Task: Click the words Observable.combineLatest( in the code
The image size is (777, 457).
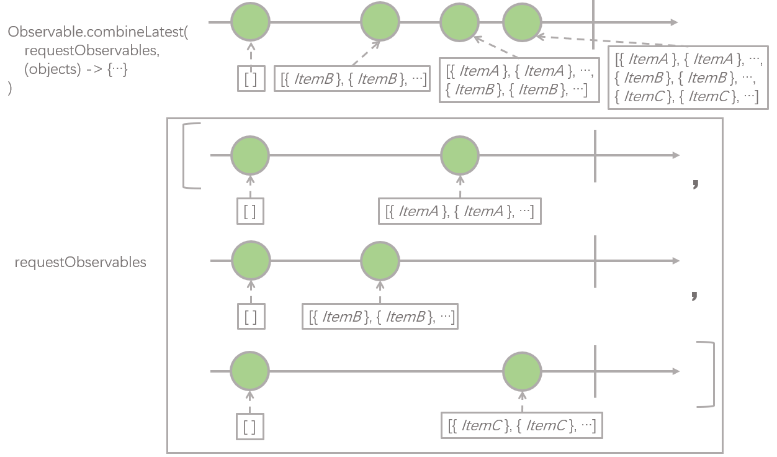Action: coord(98,32)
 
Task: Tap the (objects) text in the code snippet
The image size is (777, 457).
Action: coord(52,70)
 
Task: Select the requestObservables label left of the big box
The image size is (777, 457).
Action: coord(81,262)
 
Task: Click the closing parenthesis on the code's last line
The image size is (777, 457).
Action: coord(10,88)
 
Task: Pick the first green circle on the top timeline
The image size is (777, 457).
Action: coord(251,22)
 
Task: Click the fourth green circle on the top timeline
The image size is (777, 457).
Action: coord(522,22)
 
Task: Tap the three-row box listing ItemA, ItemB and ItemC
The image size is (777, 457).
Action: coord(688,78)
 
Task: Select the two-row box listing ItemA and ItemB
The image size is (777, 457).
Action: coord(519,80)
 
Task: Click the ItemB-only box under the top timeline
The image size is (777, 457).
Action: coord(352,79)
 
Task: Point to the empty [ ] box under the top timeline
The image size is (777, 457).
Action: coord(251,79)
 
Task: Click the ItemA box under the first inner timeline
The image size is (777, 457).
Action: coord(460,211)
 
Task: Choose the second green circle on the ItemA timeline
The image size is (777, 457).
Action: coord(460,155)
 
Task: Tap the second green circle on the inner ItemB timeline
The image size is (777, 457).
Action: coord(380,261)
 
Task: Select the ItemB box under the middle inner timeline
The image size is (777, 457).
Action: coord(380,317)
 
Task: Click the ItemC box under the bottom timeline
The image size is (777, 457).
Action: coord(522,425)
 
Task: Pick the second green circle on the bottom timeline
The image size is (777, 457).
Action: coord(522,372)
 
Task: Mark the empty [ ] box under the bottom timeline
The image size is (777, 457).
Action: coord(249,427)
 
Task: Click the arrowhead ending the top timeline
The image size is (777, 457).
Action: coord(674,22)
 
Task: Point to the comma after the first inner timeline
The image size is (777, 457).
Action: coord(695,184)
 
